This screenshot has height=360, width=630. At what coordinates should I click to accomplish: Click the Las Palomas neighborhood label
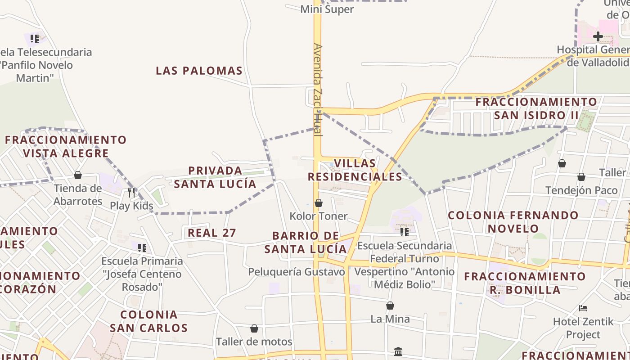(199, 71)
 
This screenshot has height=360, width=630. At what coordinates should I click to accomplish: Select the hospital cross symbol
(598, 36)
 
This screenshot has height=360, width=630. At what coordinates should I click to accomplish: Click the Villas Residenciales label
(355, 170)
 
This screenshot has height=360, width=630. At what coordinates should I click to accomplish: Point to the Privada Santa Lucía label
(215, 177)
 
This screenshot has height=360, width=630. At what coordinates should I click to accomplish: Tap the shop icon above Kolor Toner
(319, 203)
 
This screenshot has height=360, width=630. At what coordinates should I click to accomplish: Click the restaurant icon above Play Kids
(131, 193)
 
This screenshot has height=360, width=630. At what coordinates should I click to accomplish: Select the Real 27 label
(212, 233)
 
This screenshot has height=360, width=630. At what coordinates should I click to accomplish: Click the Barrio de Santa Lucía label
(306, 242)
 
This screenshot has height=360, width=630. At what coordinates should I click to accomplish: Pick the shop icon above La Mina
(390, 306)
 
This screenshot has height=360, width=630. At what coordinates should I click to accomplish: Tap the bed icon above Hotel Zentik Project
(583, 308)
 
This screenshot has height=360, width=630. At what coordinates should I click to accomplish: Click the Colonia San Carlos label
(148, 321)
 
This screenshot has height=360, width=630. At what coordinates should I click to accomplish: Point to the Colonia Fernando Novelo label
(513, 222)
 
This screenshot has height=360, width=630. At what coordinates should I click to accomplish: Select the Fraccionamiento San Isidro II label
(536, 108)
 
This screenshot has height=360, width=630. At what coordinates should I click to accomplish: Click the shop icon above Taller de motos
(254, 329)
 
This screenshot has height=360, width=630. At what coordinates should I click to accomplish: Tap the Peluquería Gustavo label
(297, 272)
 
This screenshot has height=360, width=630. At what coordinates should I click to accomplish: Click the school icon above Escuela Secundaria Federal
(404, 232)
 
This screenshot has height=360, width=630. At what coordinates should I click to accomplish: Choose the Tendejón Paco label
(581, 190)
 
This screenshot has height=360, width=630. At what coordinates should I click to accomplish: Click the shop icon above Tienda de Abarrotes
(78, 175)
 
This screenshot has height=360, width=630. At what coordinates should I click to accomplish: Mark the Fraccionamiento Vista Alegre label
(66, 147)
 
